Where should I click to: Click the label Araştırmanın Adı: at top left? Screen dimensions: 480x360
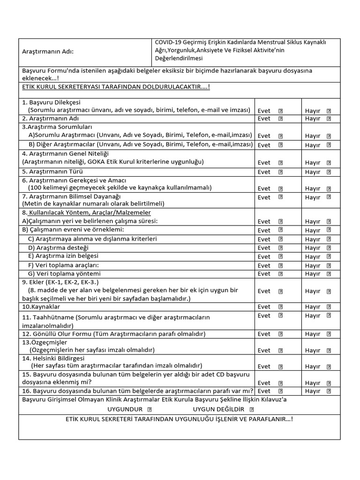click(48, 52)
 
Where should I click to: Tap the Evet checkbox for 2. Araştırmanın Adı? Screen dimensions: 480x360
click(281, 119)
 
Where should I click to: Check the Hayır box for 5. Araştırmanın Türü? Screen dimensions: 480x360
click(329, 172)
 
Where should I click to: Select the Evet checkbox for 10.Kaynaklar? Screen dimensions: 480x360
click(281, 307)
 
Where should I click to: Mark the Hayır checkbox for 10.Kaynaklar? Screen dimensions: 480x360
click(329, 307)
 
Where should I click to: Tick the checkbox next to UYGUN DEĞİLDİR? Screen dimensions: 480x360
click(252, 409)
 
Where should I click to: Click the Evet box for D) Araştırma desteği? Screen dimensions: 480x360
click(281, 247)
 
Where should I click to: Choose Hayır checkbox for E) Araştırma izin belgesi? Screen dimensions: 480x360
click(329, 256)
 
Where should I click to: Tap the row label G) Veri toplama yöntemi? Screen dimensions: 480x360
click(64, 273)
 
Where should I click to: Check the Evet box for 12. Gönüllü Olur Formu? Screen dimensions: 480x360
click(281, 334)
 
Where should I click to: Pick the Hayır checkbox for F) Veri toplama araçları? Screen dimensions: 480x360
click(329, 265)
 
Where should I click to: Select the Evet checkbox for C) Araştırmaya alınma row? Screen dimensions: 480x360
click(281, 239)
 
